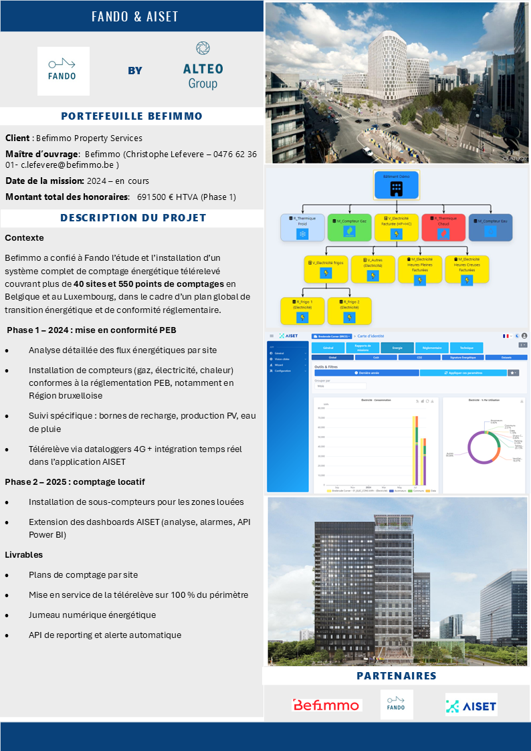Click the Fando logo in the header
(x=63, y=71)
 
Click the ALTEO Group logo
(x=203, y=67)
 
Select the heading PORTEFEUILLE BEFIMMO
(x=132, y=116)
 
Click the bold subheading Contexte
(x=24, y=237)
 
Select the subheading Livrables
(x=23, y=554)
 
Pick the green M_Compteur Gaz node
(x=349, y=227)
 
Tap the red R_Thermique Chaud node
(x=443, y=227)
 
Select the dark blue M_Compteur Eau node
(x=490, y=227)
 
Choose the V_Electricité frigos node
(x=326, y=269)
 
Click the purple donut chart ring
(x=471, y=447)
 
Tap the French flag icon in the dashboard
(x=506, y=336)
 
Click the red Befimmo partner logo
(x=327, y=705)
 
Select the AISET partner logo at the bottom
(x=471, y=705)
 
